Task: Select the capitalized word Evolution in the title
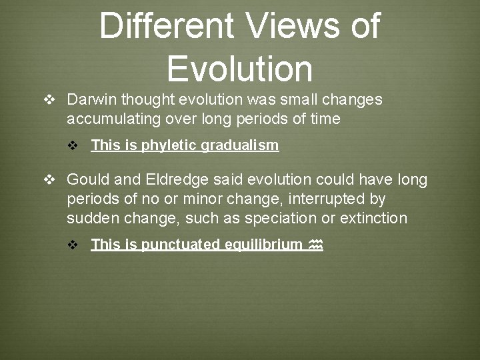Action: (x=239, y=68)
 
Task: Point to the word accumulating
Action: (x=113, y=119)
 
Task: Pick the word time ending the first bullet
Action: (x=325, y=119)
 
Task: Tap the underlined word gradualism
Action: (x=244, y=145)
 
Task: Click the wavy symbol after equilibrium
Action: (x=316, y=245)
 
